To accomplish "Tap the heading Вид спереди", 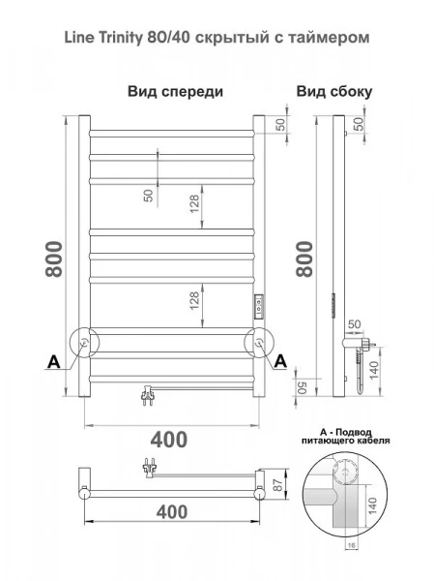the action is tap(175, 91).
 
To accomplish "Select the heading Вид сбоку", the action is tap(334, 92).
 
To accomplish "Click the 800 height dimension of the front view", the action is tap(54, 259).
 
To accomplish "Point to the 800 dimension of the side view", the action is tap(304, 259).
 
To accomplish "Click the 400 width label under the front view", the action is tap(169, 440).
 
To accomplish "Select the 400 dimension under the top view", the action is tap(172, 512).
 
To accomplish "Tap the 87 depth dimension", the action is tap(277, 484).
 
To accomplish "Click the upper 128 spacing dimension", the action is tap(194, 203).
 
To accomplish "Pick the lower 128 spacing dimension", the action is tap(194, 301).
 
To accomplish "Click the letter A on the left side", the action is tap(54, 362).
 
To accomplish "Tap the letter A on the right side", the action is tap(280, 361).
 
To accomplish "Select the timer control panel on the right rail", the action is tap(258, 306).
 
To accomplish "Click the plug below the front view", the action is tap(148, 395).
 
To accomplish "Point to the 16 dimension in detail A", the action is tap(352, 545).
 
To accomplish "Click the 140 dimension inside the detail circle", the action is tap(372, 505).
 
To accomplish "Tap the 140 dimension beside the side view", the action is tap(374, 370).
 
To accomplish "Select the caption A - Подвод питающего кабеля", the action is tap(346, 436).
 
